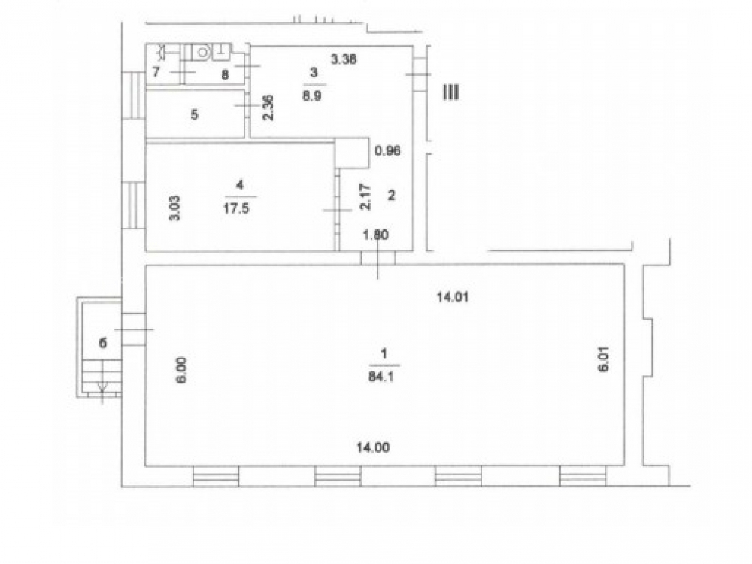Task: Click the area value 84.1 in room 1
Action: (x=381, y=377)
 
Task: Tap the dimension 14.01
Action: (x=452, y=297)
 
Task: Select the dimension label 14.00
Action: (x=373, y=447)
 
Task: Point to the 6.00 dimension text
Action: (x=182, y=370)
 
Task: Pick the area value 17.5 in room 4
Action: (x=236, y=208)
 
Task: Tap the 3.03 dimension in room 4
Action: (x=175, y=208)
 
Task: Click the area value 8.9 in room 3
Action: (x=312, y=96)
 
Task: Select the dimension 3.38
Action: (x=344, y=59)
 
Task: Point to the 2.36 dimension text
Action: (x=268, y=108)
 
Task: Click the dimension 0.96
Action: (x=387, y=151)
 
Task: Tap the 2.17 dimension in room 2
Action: (x=365, y=197)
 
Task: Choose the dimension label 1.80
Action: (x=375, y=235)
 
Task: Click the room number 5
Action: (x=194, y=114)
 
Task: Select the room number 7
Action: (x=156, y=72)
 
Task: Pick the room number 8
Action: (x=224, y=74)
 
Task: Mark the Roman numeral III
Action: (x=450, y=92)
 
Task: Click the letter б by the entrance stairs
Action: (x=102, y=343)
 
